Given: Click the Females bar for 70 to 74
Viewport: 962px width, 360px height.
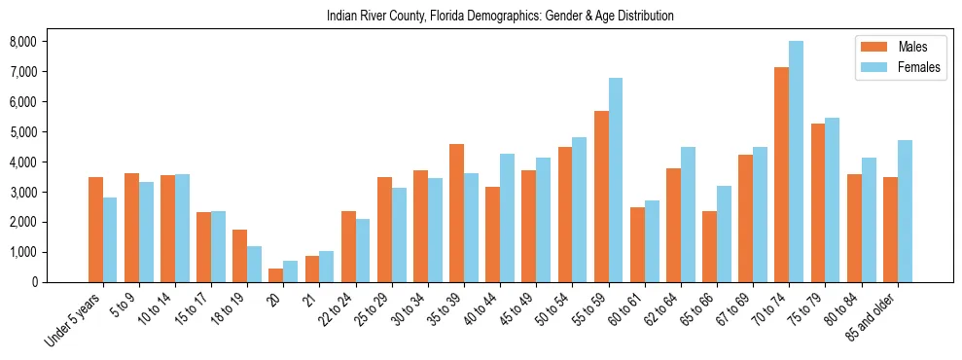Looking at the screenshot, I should coord(796,162).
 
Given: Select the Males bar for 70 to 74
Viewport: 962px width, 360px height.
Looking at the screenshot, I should coord(781,175).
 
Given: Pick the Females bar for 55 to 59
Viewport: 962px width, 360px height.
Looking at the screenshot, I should coord(616,180).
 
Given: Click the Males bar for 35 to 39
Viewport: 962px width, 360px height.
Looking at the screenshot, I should coord(456,213).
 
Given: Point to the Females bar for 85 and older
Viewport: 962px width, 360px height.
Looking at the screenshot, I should coord(905,211).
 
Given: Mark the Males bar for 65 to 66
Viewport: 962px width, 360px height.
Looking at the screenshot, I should coord(709,246).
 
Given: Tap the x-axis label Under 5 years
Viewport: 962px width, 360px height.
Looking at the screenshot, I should coord(74,320).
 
